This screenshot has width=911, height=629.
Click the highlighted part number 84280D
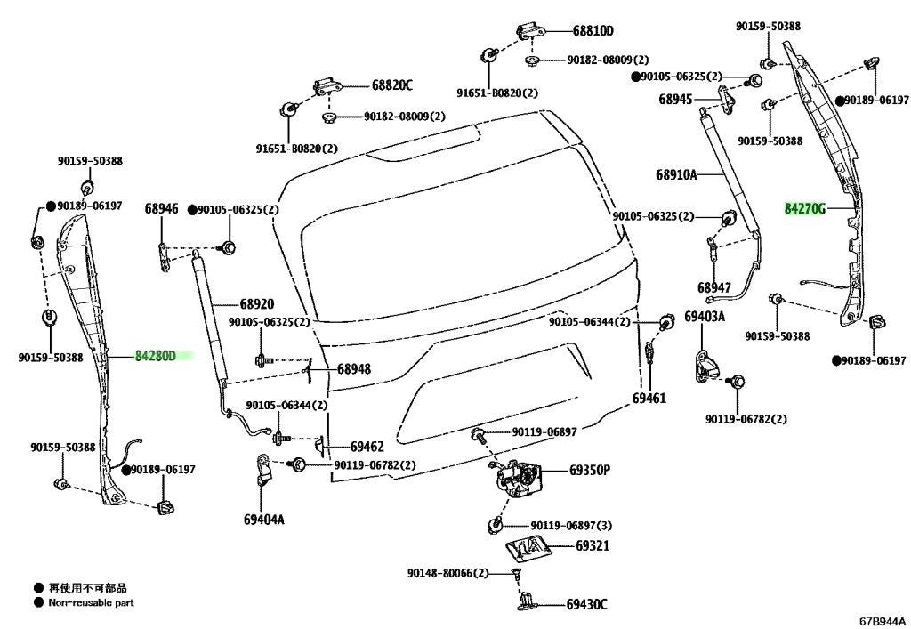tap(156, 356)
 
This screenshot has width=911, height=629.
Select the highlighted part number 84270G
tap(804, 208)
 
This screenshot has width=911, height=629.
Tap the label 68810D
tap(593, 31)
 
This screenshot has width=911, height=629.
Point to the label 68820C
tap(392, 85)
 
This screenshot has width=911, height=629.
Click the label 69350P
tap(590, 470)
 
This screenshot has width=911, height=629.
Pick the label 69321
tap(593, 546)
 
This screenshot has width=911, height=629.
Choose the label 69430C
tap(587, 605)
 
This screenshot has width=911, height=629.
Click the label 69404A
tap(264, 520)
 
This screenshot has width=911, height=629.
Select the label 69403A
tap(705, 317)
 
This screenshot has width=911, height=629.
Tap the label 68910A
tap(676, 174)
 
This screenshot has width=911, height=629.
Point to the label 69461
tap(649, 398)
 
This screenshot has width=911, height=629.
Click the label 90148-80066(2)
tap(448, 573)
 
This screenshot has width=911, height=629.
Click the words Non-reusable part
tap(92, 603)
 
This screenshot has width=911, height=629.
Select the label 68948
tap(354, 369)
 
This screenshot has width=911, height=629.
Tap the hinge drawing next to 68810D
tap(530, 33)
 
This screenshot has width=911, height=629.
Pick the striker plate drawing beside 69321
tap(527, 549)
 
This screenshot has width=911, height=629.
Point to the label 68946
tap(162, 208)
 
